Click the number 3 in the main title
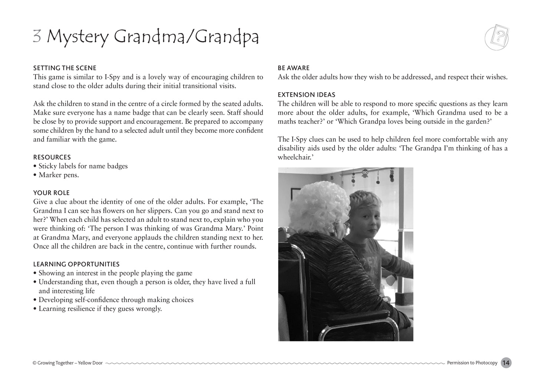[x=37, y=37]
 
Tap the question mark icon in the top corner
[x=496, y=38]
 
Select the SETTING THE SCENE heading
[x=65, y=68]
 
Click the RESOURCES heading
[x=52, y=157]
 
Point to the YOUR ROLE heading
[x=52, y=193]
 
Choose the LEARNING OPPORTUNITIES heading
[x=76, y=264]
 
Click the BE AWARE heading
[x=293, y=68]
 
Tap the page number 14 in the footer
[x=506, y=363]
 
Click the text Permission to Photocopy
[x=472, y=363]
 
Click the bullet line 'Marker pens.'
[x=59, y=175]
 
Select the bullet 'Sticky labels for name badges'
[x=83, y=166]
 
